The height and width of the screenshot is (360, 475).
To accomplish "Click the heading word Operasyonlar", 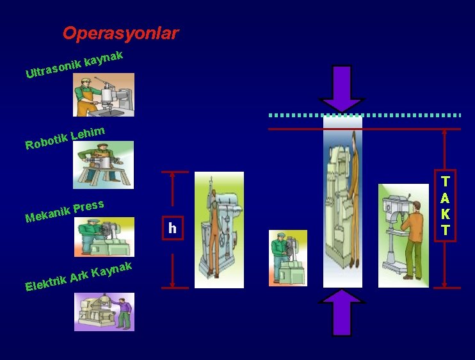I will pyautogui.click(x=120, y=33).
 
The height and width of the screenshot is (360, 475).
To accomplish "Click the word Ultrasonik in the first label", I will pyautogui.click(x=54, y=70).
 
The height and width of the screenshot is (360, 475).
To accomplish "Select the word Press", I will pyautogui.click(x=88, y=207).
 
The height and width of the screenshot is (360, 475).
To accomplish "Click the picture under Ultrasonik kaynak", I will pyautogui.click(x=104, y=95).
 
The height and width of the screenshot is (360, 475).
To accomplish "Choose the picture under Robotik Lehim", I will pyautogui.click(x=104, y=165).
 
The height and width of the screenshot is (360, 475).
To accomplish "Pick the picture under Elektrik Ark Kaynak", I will pyautogui.click(x=104, y=312).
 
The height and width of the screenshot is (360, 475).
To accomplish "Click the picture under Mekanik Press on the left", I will pyautogui.click(x=104, y=237).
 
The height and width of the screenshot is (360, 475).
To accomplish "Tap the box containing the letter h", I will pyautogui.click(x=172, y=228).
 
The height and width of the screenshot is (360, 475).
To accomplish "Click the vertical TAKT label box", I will pyautogui.click(x=446, y=205).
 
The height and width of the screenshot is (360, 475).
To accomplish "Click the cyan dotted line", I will pyautogui.click(x=365, y=115).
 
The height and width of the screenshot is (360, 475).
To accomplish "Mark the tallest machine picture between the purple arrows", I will pyautogui.click(x=342, y=202).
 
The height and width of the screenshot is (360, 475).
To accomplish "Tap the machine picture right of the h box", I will pyautogui.click(x=219, y=229).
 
